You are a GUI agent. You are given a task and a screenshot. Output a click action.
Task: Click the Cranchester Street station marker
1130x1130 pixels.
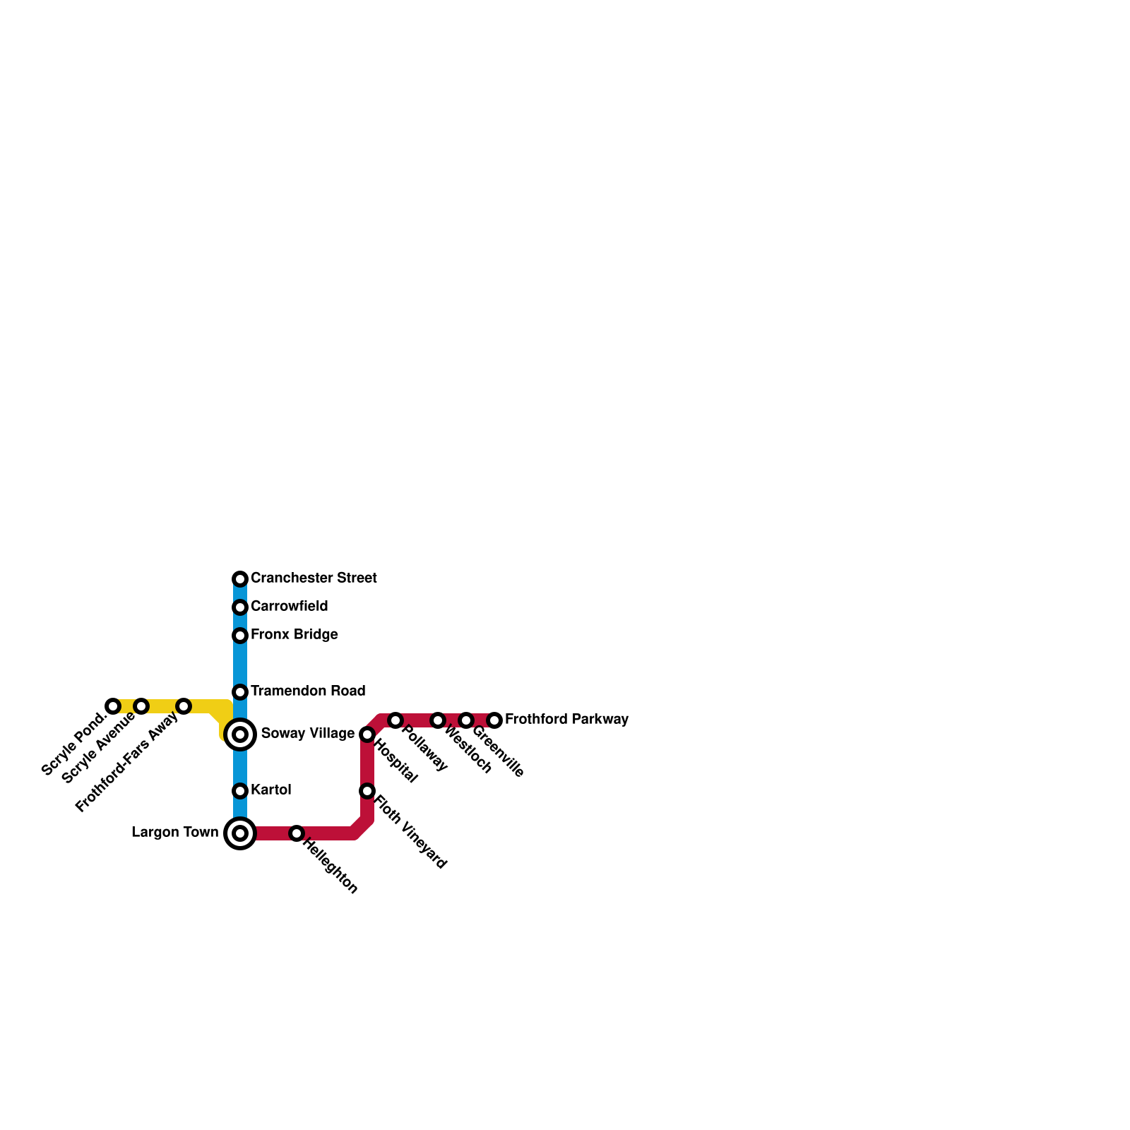(x=240, y=579)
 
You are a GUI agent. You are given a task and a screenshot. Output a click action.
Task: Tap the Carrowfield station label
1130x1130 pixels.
(x=289, y=607)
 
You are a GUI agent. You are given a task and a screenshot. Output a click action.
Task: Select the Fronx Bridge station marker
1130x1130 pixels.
(x=240, y=636)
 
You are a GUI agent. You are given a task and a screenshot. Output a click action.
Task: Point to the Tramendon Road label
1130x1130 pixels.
(x=308, y=691)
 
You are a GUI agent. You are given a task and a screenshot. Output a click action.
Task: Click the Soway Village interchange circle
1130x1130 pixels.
(x=240, y=734)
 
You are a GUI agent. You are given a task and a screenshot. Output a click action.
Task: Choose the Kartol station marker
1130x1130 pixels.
(x=240, y=791)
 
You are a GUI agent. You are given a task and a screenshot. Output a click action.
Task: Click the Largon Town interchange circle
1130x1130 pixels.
(x=240, y=833)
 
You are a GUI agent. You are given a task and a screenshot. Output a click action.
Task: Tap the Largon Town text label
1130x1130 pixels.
(x=174, y=833)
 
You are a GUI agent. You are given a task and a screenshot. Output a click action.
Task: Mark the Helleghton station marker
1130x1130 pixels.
(x=297, y=833)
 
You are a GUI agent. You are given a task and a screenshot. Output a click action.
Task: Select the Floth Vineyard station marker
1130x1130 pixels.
(x=367, y=791)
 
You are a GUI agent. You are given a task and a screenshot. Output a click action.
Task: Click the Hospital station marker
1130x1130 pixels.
(x=367, y=734)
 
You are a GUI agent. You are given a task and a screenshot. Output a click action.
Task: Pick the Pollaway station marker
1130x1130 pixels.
(x=395, y=720)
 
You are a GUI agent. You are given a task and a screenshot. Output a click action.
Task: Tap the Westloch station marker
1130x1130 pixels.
(x=438, y=720)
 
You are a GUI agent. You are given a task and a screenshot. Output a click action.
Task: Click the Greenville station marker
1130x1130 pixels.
(x=466, y=720)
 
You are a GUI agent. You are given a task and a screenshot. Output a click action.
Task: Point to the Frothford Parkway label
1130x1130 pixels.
(x=566, y=720)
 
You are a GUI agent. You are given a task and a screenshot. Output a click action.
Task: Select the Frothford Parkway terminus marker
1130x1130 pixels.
(x=494, y=720)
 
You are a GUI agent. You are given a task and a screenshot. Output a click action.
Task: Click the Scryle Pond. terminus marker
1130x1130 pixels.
(x=113, y=706)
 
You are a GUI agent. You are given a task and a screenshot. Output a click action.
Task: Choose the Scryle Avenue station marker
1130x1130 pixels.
(x=141, y=706)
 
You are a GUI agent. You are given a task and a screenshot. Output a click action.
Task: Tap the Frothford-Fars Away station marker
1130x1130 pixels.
(x=184, y=706)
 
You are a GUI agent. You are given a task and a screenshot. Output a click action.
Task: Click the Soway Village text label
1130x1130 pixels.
(x=307, y=734)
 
